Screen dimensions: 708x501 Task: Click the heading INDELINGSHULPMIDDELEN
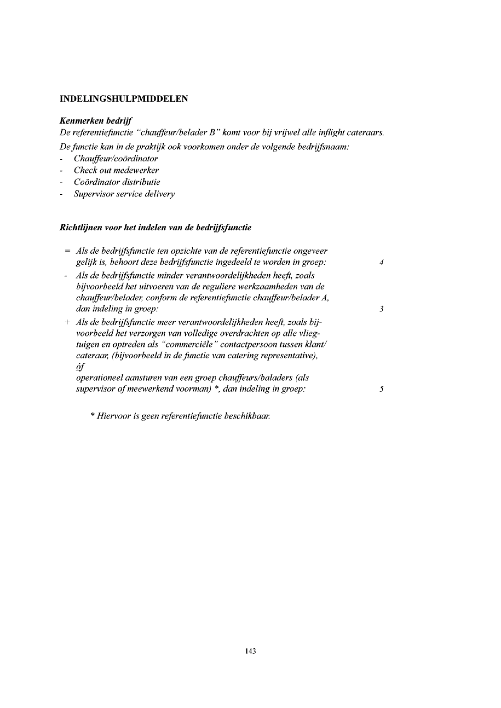point(124,99)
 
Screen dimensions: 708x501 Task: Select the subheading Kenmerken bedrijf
point(96,121)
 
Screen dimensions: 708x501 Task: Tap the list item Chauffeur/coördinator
point(116,159)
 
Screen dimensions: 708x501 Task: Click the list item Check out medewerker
point(116,170)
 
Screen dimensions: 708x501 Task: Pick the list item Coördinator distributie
point(117,182)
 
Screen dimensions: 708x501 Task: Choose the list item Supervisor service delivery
point(124,194)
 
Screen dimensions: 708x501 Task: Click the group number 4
point(382,263)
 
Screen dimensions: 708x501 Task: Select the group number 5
point(382,389)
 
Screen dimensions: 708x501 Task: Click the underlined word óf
point(80,367)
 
